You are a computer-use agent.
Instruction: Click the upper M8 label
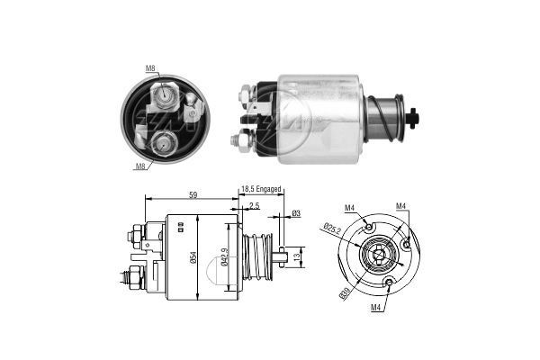pyautogui.click(x=150, y=67)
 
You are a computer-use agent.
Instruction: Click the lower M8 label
pyautogui.click(x=140, y=166)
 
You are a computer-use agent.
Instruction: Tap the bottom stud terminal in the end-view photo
pyautogui.click(x=165, y=139)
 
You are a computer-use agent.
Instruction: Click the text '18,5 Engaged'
pyautogui.click(x=262, y=190)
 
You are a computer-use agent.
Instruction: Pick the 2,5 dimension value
pyautogui.click(x=256, y=206)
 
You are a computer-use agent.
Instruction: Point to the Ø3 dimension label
pyautogui.click(x=296, y=213)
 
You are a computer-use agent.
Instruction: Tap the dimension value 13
pyautogui.click(x=299, y=256)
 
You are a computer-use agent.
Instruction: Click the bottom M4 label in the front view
pyautogui.click(x=377, y=308)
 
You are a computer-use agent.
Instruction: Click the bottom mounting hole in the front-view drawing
pyautogui.click(x=388, y=284)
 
